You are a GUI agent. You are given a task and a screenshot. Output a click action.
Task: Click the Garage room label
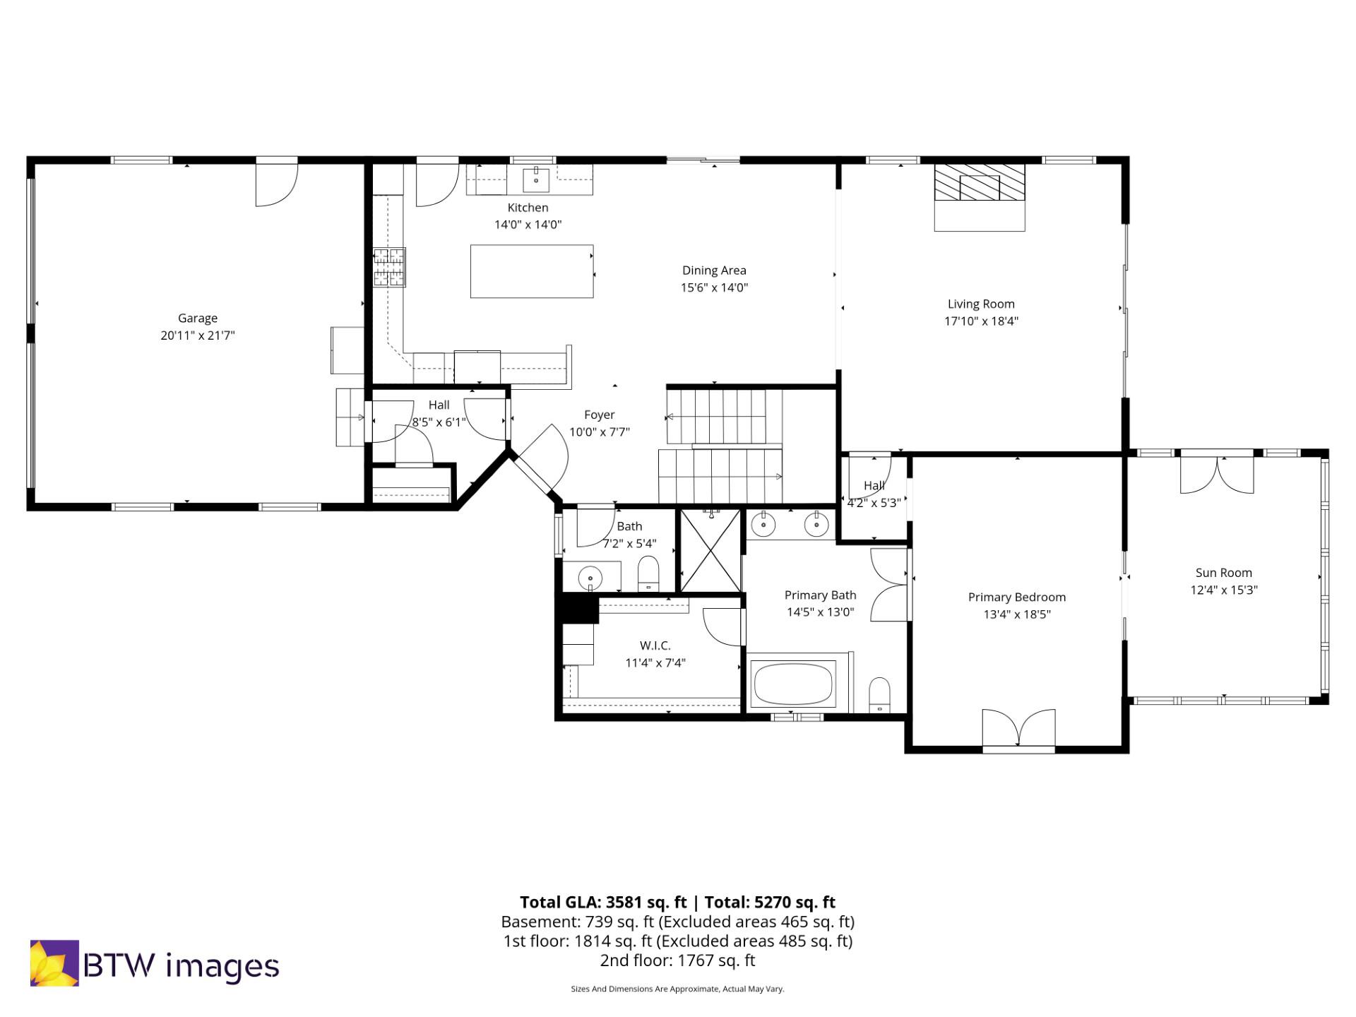(x=197, y=318)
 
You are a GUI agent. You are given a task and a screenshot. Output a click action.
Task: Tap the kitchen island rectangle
(x=532, y=271)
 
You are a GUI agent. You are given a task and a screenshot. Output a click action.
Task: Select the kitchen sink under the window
(x=536, y=179)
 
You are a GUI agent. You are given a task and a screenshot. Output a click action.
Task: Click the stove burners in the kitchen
(x=390, y=267)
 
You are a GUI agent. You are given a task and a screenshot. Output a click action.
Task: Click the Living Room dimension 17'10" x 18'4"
(x=981, y=321)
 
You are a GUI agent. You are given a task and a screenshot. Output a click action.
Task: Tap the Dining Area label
(x=714, y=270)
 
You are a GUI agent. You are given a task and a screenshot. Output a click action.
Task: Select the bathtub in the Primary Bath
(x=792, y=683)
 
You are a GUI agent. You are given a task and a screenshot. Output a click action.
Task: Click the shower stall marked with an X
(x=710, y=551)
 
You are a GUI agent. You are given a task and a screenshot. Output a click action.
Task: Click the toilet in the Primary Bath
(x=879, y=694)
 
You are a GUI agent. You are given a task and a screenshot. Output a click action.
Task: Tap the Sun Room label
(x=1223, y=573)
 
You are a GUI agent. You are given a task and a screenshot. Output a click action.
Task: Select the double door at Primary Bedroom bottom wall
(x=1018, y=729)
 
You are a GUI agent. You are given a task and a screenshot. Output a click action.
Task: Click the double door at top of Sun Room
(x=1217, y=475)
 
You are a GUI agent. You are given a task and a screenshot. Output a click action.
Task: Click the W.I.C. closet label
(x=655, y=646)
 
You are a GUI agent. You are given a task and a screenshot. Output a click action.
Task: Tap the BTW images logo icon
(x=54, y=963)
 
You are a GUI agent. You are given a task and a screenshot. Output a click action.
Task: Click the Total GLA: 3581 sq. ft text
(x=603, y=902)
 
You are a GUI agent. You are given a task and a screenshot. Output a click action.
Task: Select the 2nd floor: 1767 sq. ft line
(x=677, y=961)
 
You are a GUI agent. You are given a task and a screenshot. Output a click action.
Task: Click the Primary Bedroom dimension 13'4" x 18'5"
(x=1016, y=614)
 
